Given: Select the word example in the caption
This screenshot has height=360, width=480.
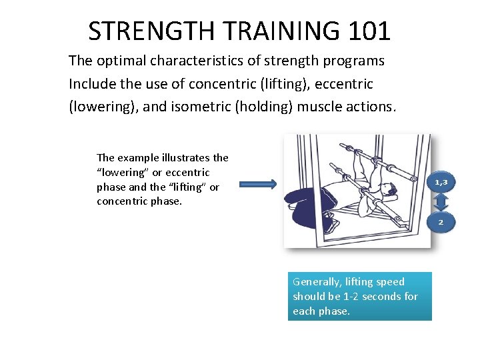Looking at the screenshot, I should click(137, 158).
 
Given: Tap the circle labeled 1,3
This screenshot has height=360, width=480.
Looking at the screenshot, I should click(441, 181).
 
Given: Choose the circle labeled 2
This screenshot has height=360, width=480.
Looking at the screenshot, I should click(441, 221).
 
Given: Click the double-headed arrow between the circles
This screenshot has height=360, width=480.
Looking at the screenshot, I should click(441, 201).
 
